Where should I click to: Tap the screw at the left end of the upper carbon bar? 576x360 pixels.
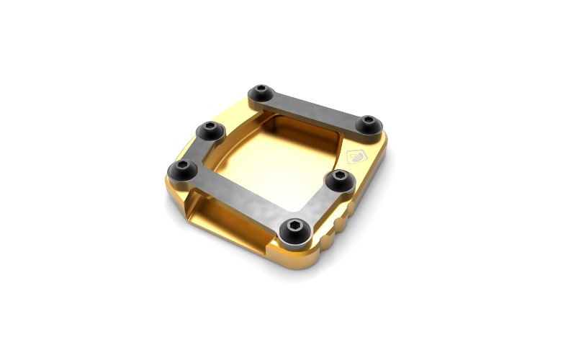[260, 93]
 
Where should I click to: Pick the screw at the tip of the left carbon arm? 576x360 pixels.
[210, 130]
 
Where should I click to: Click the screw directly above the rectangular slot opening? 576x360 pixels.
[182, 170]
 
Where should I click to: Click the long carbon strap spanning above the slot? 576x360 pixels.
[238, 199]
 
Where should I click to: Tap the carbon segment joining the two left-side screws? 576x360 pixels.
[196, 150]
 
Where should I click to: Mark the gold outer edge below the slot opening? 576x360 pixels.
[216, 238]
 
